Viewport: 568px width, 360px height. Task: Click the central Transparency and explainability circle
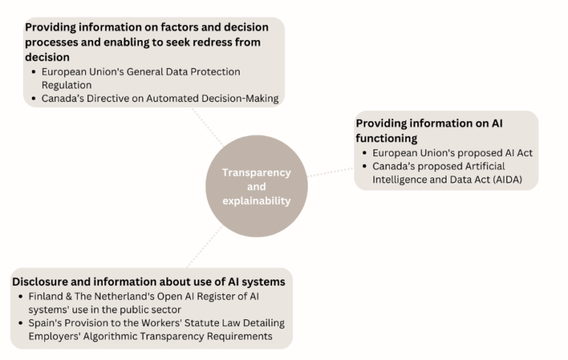pyautogui.click(x=257, y=186)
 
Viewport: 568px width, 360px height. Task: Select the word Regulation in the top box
pyautogui.click(x=67, y=85)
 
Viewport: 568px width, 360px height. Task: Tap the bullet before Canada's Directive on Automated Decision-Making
pyautogui.click(x=34, y=98)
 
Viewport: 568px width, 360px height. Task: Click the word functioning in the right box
pyautogui.click(x=387, y=138)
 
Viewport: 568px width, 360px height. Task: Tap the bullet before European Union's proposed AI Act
pyautogui.click(x=365, y=153)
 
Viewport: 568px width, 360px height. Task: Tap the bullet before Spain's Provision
pyautogui.click(x=21, y=323)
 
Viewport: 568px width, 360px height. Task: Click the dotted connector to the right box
pyautogui.click(x=331, y=172)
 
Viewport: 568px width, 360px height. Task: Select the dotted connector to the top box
pyautogui.click(x=208, y=126)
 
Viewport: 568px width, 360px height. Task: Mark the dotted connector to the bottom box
pyautogui.click(x=204, y=247)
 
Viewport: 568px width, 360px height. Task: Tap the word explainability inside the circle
pyautogui.click(x=257, y=200)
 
